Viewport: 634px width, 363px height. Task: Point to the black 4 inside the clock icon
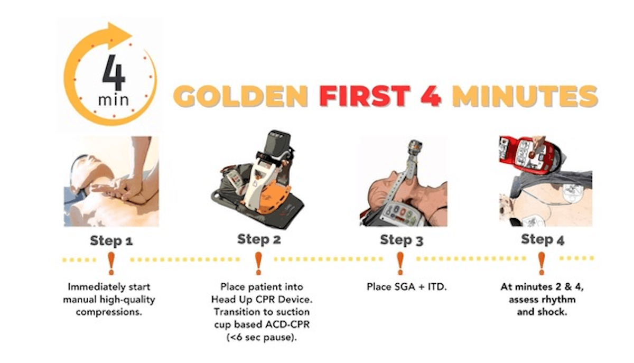coord(114,73)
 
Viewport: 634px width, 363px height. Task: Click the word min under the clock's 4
coord(113,100)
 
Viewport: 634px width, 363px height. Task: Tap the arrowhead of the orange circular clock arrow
coord(119,36)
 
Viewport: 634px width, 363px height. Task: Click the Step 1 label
coord(111,241)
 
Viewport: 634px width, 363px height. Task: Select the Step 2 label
coord(259,239)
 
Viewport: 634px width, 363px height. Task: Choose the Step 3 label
coord(402,240)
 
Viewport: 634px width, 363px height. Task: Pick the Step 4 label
coord(543,239)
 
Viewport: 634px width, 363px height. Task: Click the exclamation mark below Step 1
coord(111,264)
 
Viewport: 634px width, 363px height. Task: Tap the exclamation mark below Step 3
coord(400,263)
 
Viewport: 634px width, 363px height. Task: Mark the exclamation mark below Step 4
coord(542,263)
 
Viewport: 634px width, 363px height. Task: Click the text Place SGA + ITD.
coord(407,287)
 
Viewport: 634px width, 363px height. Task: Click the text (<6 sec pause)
coord(262,337)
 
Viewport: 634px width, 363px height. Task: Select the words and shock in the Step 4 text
coord(542,312)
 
